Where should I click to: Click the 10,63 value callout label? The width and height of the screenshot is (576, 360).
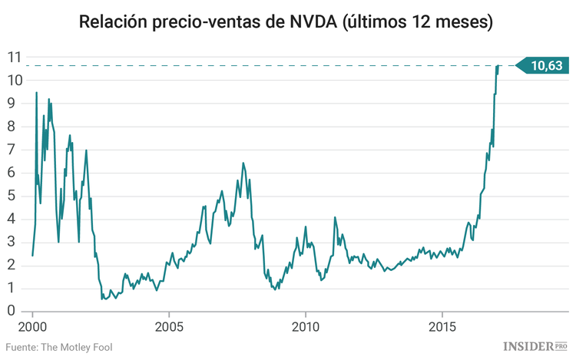(x=546, y=66)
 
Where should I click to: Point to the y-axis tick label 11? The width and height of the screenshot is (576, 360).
(x=14, y=57)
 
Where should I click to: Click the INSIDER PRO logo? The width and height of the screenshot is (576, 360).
(x=535, y=347)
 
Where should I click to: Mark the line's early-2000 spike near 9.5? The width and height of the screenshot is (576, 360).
(x=36, y=93)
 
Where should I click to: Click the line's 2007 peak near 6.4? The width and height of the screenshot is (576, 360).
(x=243, y=163)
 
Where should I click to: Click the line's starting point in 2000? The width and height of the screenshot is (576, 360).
(x=32, y=255)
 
